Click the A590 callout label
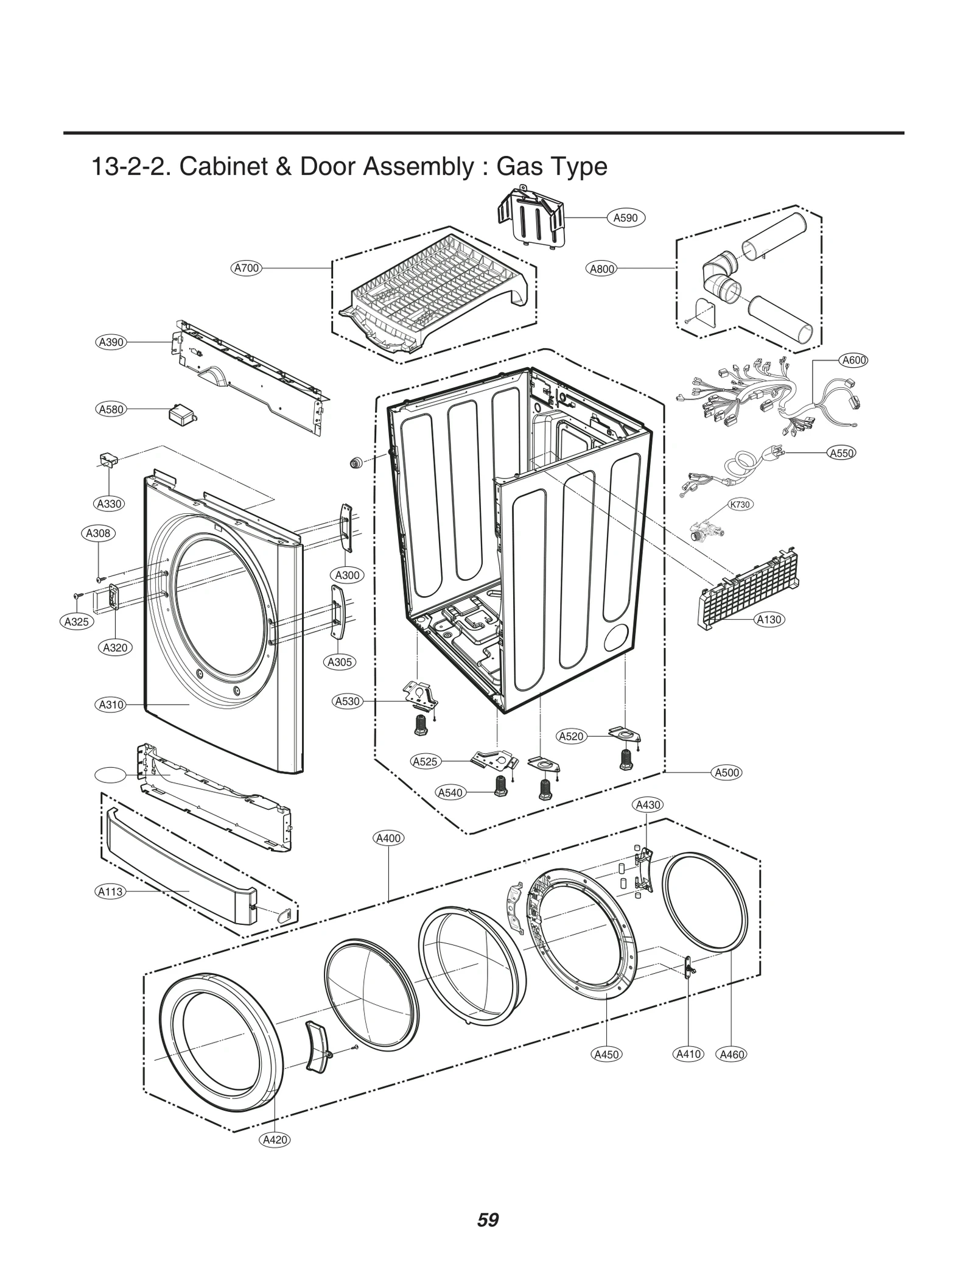click(x=625, y=217)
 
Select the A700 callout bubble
click(x=247, y=268)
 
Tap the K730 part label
click(x=740, y=504)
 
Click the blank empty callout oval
click(x=110, y=775)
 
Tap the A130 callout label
click(x=768, y=619)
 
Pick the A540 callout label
click(x=450, y=792)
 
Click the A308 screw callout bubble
click(x=98, y=533)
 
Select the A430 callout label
click(x=648, y=804)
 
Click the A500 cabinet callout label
click(x=727, y=772)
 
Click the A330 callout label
click(x=110, y=504)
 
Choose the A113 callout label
click(x=110, y=891)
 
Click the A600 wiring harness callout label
click(x=853, y=360)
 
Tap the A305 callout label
click(x=340, y=662)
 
